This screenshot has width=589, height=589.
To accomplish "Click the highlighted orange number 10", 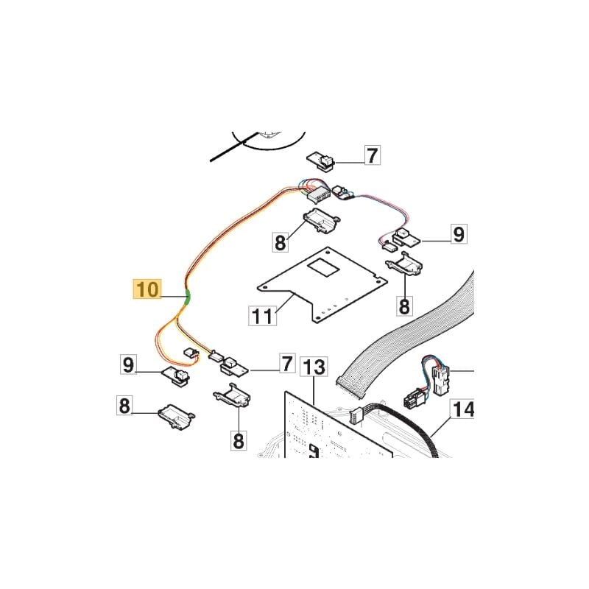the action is pos(148,289).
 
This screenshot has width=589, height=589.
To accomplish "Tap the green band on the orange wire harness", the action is pos(188,297).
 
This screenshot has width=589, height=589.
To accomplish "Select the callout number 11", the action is pos(263,316).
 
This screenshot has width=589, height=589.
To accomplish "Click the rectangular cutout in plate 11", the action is pos(324,267).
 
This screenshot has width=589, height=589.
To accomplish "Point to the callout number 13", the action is pos(314,367).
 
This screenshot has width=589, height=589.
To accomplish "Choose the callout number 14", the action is pos(462,409).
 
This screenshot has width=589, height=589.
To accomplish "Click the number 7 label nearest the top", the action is pos(372,155).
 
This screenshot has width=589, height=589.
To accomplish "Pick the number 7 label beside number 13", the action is pos(287,363).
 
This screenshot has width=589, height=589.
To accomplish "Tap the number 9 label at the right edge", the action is pos(459,233).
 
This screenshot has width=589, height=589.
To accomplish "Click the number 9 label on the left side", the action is pos(128,364).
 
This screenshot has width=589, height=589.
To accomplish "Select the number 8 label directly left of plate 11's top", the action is pos(281,242).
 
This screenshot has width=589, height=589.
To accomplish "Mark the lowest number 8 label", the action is pos(239,440).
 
